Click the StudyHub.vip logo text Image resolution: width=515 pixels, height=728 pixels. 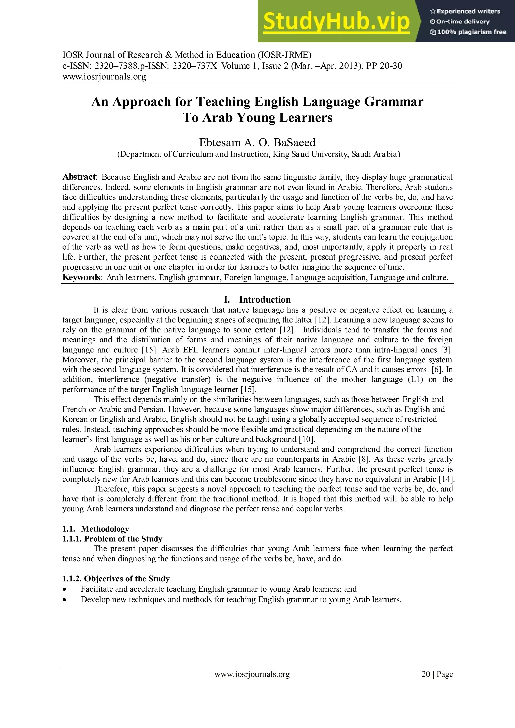pos(336,22)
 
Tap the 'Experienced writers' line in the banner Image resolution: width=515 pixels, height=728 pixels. pos(465,11)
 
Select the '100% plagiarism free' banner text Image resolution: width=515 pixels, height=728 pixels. pos(468,32)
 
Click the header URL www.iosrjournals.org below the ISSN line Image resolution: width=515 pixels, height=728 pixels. pos(104,77)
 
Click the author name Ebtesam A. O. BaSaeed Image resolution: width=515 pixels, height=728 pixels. pos(257,142)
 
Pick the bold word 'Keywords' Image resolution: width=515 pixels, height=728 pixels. pos(81,277)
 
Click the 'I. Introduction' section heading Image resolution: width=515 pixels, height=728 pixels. pos(257,300)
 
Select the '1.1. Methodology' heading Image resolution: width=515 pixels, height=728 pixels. pos(96,529)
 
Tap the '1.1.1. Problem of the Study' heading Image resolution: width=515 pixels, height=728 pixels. pos(112,539)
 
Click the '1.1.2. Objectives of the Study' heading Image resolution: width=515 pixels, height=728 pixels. pos(116,579)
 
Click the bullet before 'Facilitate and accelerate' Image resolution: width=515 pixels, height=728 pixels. pos(65,590)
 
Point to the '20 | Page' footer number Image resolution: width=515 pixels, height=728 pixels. pos(437,674)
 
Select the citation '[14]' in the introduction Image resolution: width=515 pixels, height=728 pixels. pos(447,479)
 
